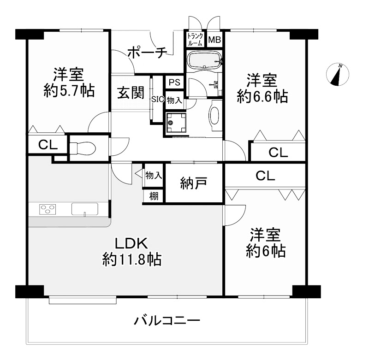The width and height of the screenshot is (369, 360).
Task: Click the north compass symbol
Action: coord(338,75)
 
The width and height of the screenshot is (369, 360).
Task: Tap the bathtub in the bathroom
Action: coord(204,60)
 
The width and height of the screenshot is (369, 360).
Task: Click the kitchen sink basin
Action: coord(85,209)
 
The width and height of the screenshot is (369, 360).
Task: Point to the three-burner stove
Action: coord(48,209)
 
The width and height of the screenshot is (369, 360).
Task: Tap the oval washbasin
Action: coord(214,115)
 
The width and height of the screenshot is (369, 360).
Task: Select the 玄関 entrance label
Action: coord(131,92)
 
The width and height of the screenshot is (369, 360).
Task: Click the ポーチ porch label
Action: coord(147,52)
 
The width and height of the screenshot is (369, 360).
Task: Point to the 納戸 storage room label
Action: coord(194,183)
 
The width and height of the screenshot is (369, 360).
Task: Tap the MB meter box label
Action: coord(214,40)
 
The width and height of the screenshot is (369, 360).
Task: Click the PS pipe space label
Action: coord(175,83)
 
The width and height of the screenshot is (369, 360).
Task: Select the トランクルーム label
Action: coord(195,40)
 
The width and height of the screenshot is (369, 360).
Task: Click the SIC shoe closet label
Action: coord(158,99)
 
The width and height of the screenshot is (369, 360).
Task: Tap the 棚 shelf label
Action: coord(154,196)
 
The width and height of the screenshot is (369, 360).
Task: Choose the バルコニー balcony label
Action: coord(167,320)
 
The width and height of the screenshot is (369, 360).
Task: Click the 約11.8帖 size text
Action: coord(132,260)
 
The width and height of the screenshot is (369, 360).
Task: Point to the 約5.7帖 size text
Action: coord(69,90)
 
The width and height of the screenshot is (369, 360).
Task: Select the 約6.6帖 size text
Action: coord(262,96)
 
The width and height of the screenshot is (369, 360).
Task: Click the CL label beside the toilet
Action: coord(48,145)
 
